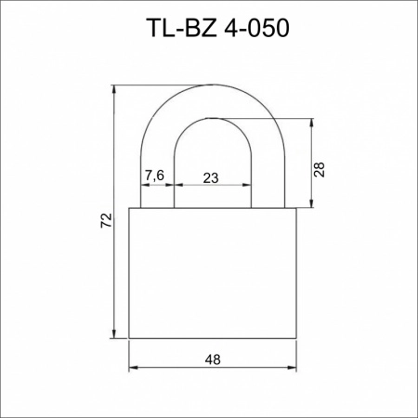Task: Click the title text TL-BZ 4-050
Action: point(219,28)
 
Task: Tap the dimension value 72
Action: point(106,220)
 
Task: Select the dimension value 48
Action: point(213,359)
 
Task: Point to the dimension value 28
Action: point(320,169)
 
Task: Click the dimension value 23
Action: point(211,178)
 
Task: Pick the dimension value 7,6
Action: point(154,176)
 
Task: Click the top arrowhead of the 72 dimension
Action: point(114,89)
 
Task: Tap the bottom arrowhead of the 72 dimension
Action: point(114,334)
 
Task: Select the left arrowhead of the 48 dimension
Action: point(133,368)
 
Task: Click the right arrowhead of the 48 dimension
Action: point(292,368)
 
